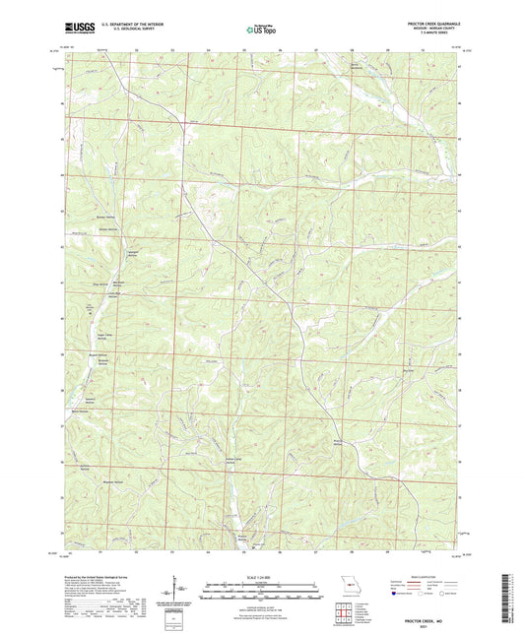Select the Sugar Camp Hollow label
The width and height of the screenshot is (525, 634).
pos(101,335)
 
